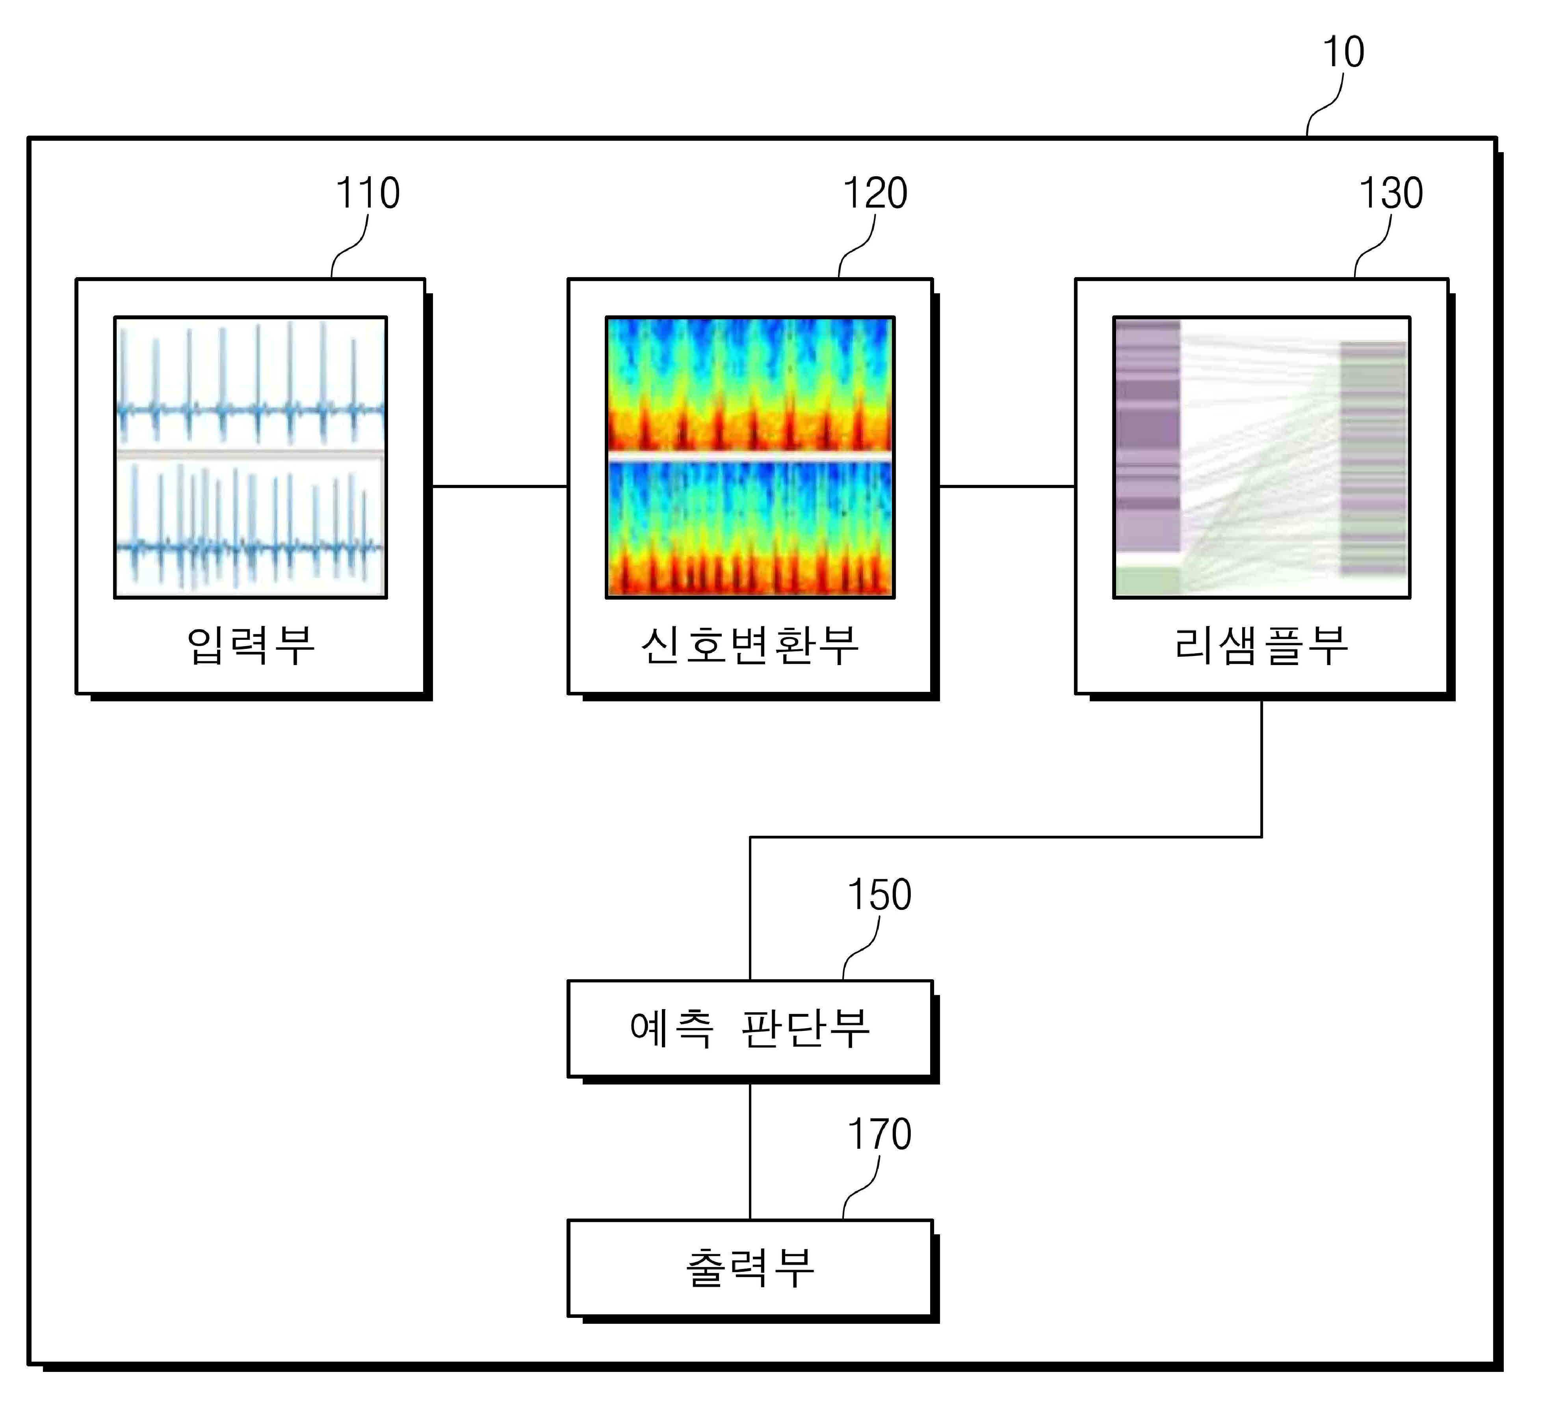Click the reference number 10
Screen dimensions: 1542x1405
coord(1343,52)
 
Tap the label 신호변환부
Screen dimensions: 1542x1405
coord(750,645)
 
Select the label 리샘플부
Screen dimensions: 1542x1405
coord(1261,645)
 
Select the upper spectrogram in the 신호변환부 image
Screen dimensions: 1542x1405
coord(750,384)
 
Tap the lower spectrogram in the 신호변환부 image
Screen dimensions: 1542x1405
coord(750,528)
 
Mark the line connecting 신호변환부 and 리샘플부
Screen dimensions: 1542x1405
coord(1007,486)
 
